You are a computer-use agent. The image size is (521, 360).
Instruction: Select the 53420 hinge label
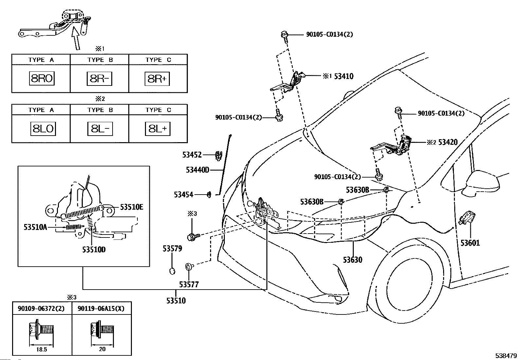coord(448,142)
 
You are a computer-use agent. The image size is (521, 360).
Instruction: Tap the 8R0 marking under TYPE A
coord(42,79)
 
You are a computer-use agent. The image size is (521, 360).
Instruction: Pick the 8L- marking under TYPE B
coord(100,129)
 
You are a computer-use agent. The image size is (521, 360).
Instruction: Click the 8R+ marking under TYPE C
coord(157,79)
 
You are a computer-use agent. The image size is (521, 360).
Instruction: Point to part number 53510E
coord(131,207)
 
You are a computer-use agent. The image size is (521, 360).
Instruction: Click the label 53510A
coord(35,226)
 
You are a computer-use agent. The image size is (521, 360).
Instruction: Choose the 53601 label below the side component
coord(470,243)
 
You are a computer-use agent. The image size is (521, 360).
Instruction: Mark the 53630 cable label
coord(352,260)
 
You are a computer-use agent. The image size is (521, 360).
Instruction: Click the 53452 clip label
coord(192,155)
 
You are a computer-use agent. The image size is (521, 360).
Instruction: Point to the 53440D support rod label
coord(197,170)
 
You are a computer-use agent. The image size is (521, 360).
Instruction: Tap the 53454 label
coord(184,195)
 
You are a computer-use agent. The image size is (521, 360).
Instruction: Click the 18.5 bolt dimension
coord(42,349)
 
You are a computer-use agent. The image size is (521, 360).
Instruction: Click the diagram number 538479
coord(506,355)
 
